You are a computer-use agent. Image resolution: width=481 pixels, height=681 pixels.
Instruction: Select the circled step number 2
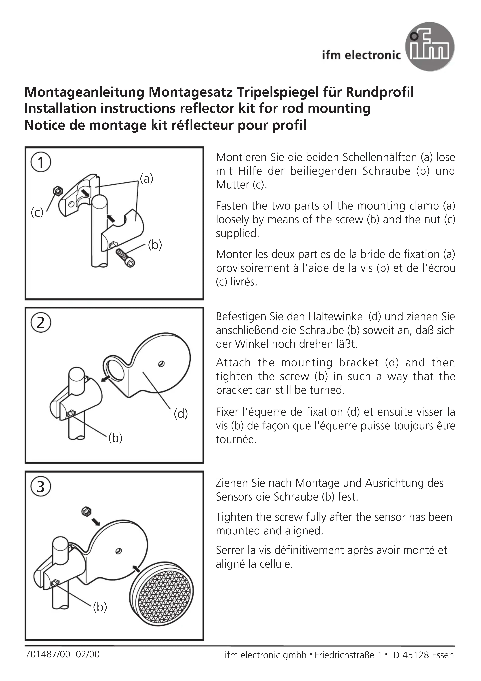(x=41, y=322)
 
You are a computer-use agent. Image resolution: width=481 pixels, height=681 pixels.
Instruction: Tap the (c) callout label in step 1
(x=37, y=213)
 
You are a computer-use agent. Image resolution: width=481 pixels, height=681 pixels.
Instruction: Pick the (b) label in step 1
(x=155, y=245)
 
